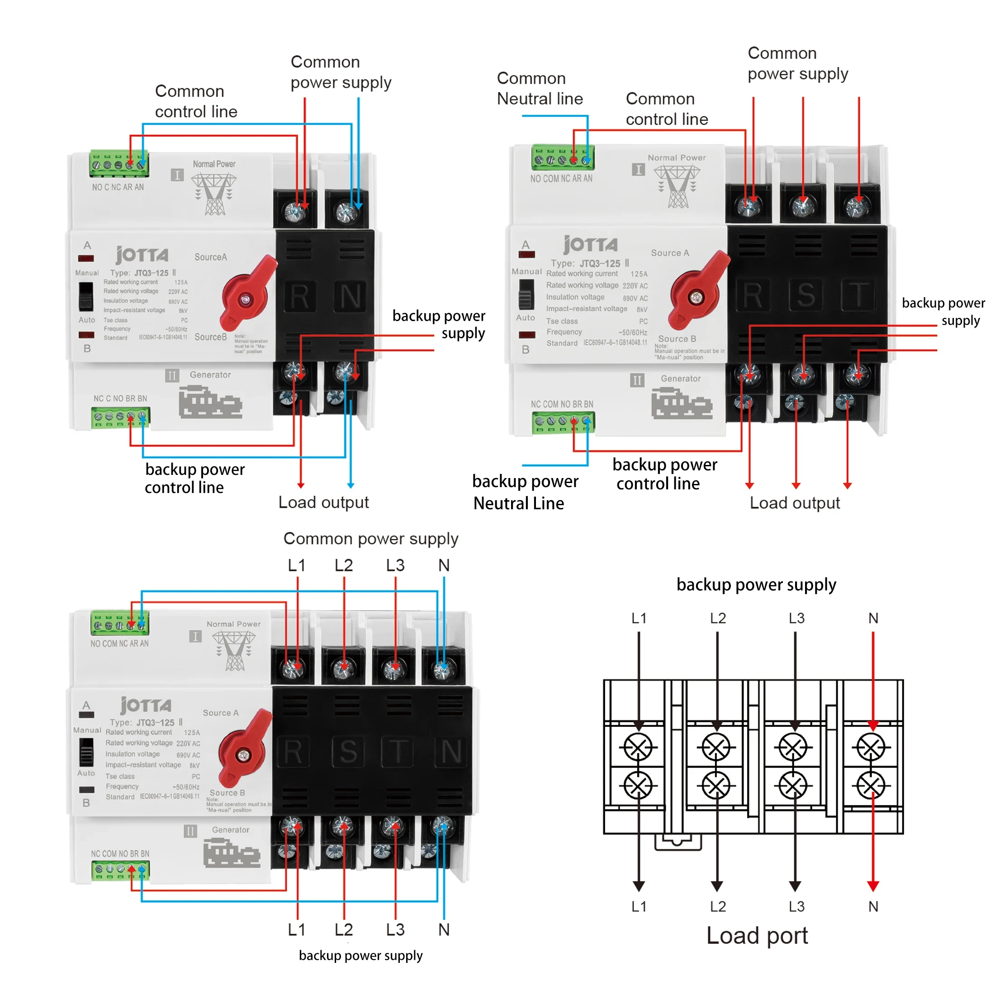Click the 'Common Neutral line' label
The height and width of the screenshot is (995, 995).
pyautogui.click(x=539, y=89)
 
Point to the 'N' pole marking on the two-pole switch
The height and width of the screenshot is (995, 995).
pyautogui.click(x=350, y=297)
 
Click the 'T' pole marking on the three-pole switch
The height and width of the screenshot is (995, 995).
pyautogui.click(x=858, y=295)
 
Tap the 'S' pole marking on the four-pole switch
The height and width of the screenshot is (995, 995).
pyautogui.click(x=348, y=752)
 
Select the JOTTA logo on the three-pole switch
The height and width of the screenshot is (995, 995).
pyautogui.click(x=590, y=245)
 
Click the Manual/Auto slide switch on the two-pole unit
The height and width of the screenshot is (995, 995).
pyautogui.click(x=85, y=296)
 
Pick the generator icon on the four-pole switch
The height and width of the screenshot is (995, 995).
pyautogui.click(x=231, y=853)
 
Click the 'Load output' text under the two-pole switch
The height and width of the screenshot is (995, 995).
pyautogui.click(x=323, y=502)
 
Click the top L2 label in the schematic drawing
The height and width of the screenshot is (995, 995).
pyautogui.click(x=717, y=618)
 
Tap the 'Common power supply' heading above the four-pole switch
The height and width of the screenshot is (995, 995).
pyautogui.click(x=370, y=539)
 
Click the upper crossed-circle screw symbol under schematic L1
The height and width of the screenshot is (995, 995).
pyautogui.click(x=638, y=747)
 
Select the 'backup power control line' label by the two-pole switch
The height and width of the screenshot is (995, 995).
pyautogui.click(x=194, y=478)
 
